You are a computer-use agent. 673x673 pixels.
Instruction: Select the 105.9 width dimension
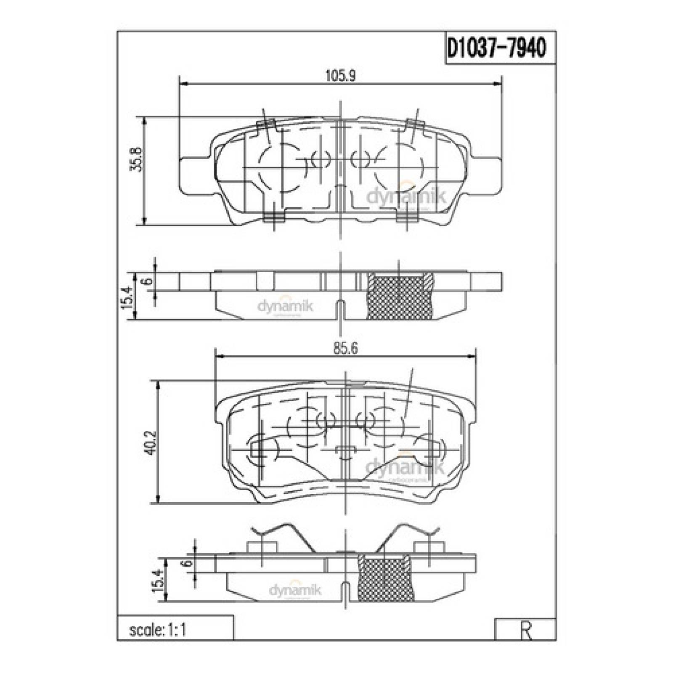pyautogui.click(x=341, y=76)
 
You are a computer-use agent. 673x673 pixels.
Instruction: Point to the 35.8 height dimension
pyautogui.click(x=137, y=159)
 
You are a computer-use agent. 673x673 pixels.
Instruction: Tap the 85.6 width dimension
pyautogui.click(x=345, y=349)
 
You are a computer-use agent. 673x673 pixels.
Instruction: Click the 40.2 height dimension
pyautogui.click(x=150, y=442)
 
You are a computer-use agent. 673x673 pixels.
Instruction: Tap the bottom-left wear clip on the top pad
pyautogui.click(x=274, y=217)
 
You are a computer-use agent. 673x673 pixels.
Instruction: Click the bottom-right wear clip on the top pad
pyautogui.click(x=407, y=217)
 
